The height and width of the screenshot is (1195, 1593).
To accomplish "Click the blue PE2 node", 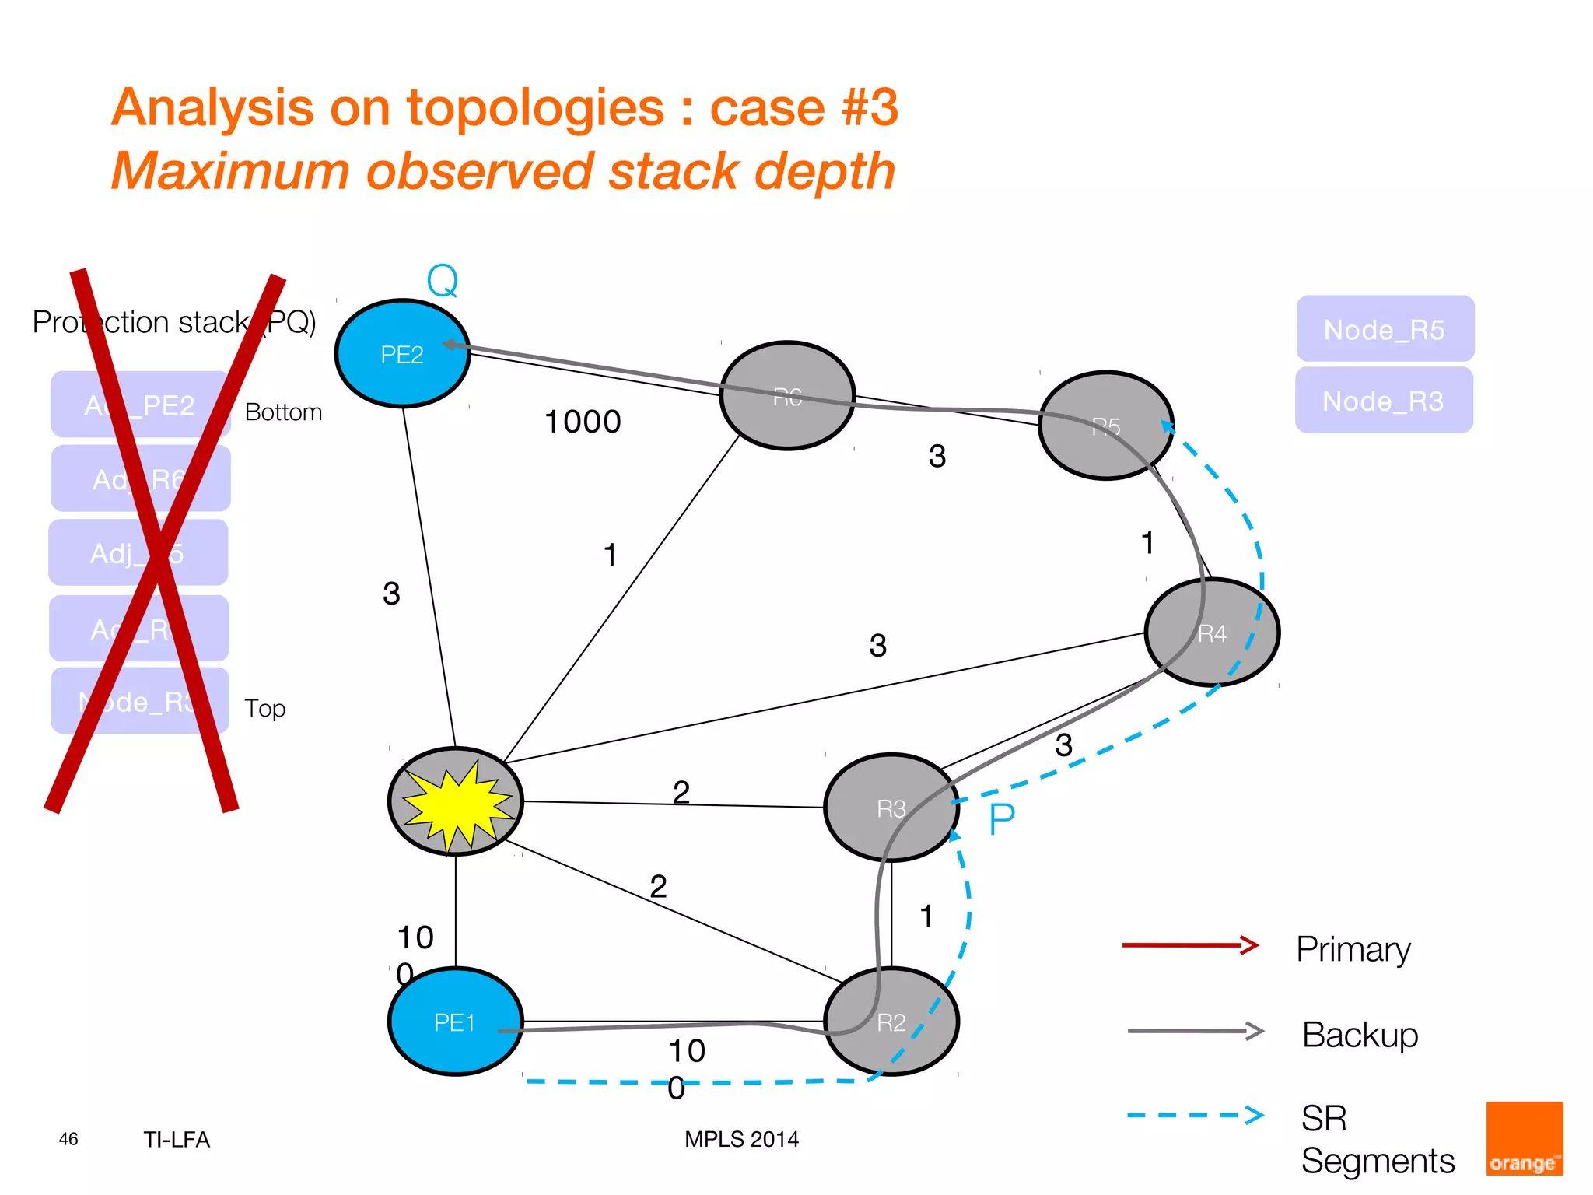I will click(x=402, y=354).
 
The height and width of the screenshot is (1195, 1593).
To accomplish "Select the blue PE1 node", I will click(x=455, y=1022).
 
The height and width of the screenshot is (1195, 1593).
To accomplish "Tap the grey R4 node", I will click(x=1212, y=633).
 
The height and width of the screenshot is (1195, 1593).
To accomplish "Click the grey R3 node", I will click(x=891, y=808).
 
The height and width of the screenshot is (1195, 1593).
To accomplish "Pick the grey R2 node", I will click(x=891, y=1022).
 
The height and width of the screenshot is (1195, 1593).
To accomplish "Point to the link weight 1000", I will click(x=583, y=422).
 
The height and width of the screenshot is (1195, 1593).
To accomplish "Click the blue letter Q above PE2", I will click(x=443, y=281).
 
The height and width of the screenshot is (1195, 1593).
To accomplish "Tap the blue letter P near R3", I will click(x=1002, y=819).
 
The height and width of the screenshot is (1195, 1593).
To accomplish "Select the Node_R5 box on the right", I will click(x=1385, y=329).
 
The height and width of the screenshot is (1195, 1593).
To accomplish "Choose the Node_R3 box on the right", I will click(x=1383, y=401).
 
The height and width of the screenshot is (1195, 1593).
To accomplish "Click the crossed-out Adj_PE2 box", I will click(x=140, y=405).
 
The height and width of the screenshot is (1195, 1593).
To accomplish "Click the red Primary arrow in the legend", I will click(x=1190, y=945).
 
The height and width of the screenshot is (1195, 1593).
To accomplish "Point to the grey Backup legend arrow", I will click(x=1195, y=1031).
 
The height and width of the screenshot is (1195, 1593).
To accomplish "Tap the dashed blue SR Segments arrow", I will click(x=1195, y=1115).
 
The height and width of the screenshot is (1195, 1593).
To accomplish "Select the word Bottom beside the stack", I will click(x=283, y=412).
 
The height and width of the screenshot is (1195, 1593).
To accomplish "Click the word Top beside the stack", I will click(x=264, y=708).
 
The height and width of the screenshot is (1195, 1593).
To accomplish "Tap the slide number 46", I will click(x=68, y=1139).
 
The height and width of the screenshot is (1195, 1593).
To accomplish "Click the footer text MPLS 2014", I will click(x=741, y=1139).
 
